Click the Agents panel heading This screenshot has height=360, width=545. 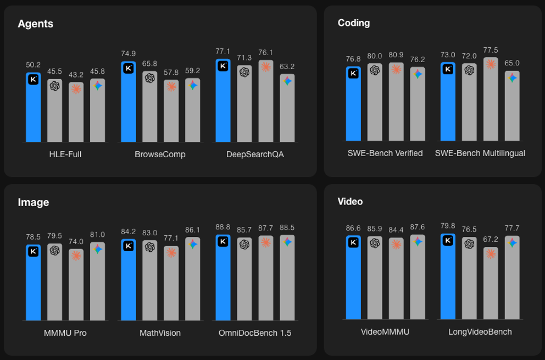(35, 24)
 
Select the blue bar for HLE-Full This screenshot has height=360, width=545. (34, 110)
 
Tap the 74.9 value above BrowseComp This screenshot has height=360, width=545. (128, 53)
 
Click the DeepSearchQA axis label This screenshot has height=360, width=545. (255, 154)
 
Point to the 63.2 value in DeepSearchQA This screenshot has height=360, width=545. (287, 66)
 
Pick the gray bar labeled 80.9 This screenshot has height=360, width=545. (396, 104)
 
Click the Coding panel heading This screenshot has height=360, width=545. (353, 23)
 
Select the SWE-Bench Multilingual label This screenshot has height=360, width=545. (480, 153)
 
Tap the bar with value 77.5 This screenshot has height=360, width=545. (491, 102)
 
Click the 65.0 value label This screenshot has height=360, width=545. (512, 63)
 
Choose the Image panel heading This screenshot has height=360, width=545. (33, 202)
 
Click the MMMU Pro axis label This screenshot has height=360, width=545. (65, 333)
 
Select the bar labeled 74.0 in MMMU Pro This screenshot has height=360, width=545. (76, 286)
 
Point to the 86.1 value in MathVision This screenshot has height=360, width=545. (192, 230)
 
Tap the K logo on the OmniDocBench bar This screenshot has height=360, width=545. (223, 242)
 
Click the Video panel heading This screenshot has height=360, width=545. (350, 201)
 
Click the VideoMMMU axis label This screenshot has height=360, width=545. (385, 332)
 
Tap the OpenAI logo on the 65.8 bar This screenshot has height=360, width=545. (149, 78)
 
